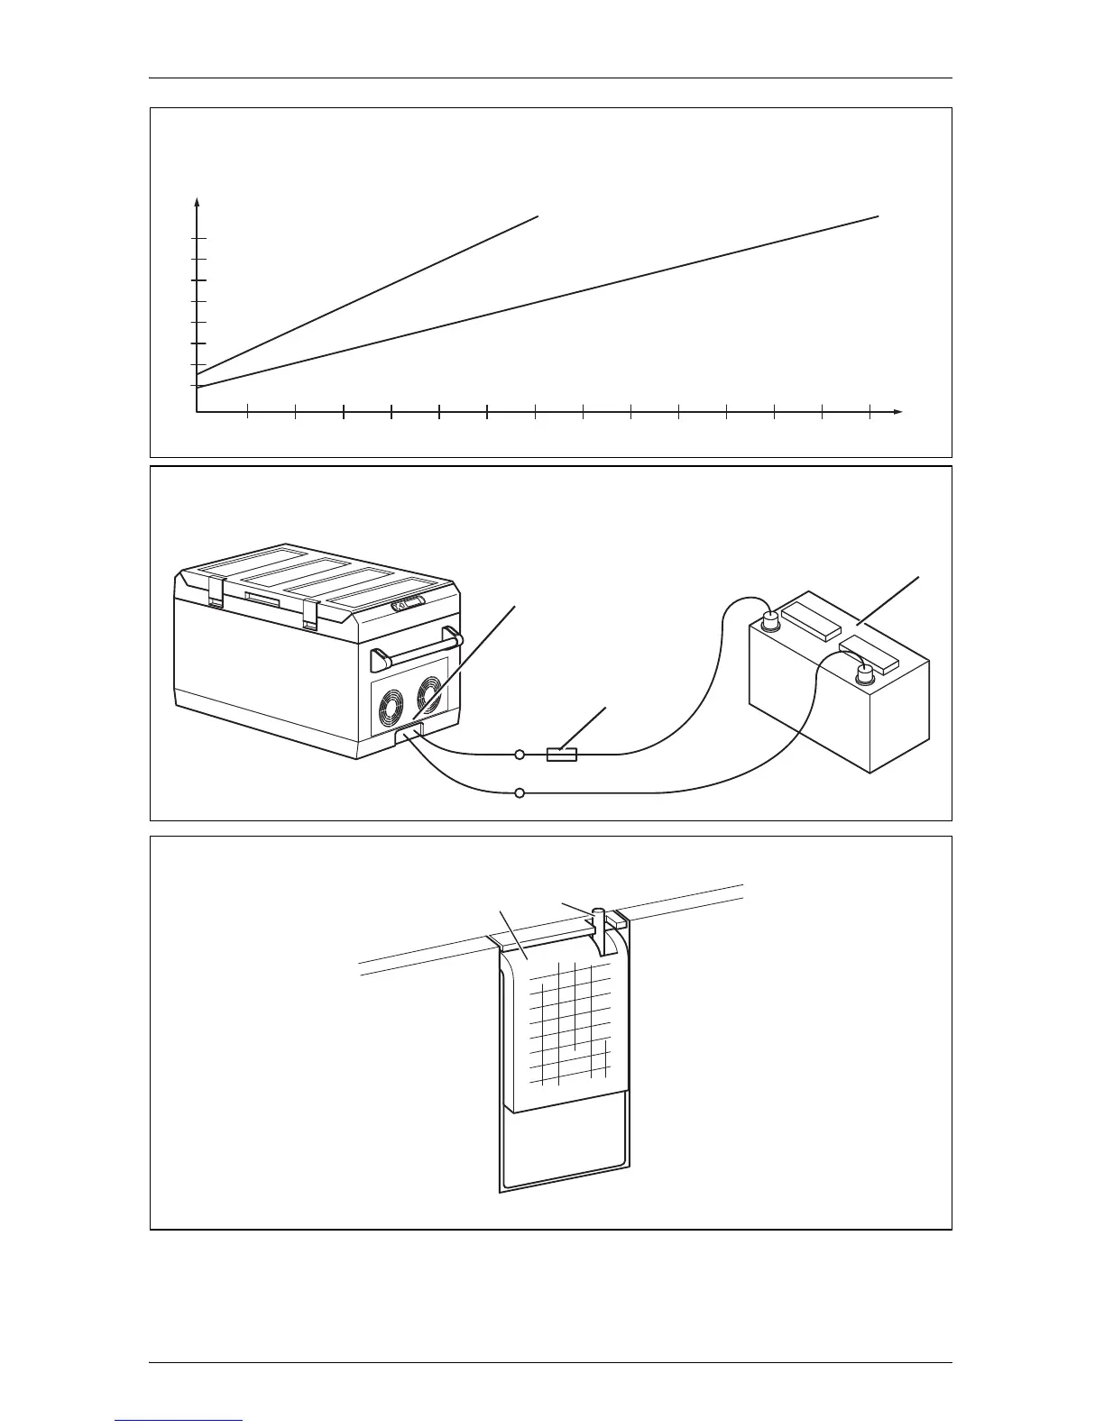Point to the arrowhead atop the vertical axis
pyautogui.click(x=197, y=202)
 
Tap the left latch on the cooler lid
pyautogui.click(x=215, y=590)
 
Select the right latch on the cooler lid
pyautogui.click(x=310, y=612)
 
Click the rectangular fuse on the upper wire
pyautogui.click(x=562, y=754)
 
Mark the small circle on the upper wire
pyautogui.click(x=520, y=754)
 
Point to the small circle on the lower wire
pyautogui.click(x=520, y=793)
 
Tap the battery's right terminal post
pyautogui.click(x=866, y=673)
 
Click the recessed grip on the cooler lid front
pyautogui.click(x=263, y=599)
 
